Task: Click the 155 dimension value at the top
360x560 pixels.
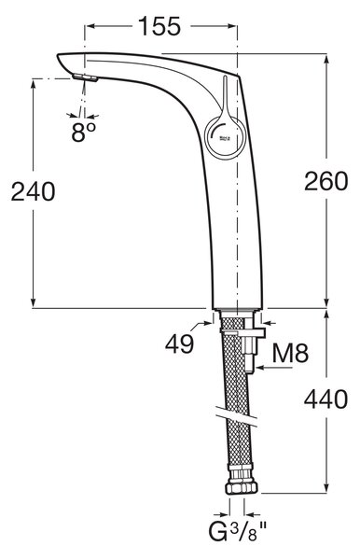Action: pyautogui.click(x=159, y=26)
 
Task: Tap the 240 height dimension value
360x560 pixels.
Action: pyautogui.click(x=33, y=191)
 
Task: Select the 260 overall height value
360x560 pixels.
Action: pyautogui.click(x=325, y=181)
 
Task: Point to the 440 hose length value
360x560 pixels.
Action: pyautogui.click(x=325, y=399)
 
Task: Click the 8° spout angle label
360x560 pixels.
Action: pyautogui.click(x=83, y=133)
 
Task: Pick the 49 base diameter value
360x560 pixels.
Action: pyautogui.click(x=179, y=344)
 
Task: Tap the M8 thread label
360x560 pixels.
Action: pyautogui.click(x=290, y=353)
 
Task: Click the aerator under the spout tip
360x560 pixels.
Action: pyautogui.click(x=85, y=77)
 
